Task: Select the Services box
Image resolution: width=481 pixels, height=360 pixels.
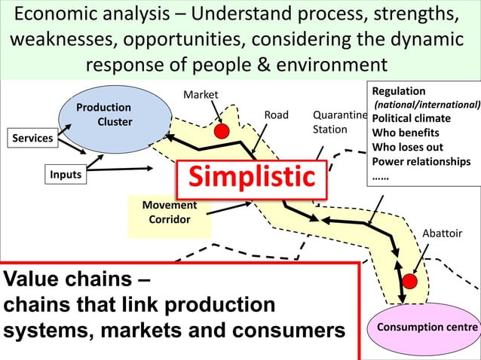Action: click(32, 139)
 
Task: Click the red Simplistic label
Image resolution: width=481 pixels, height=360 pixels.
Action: click(251, 178)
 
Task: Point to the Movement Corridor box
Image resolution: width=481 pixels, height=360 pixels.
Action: click(169, 212)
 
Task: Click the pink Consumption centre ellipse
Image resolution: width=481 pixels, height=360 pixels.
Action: click(427, 328)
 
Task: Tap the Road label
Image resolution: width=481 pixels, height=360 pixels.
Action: click(276, 115)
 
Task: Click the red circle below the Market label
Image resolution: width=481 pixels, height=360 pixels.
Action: click(222, 131)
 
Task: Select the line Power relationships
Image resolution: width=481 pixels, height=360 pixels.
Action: click(421, 162)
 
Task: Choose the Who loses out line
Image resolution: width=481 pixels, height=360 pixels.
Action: click(408, 148)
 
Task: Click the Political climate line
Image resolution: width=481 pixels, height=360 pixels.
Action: click(412, 119)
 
